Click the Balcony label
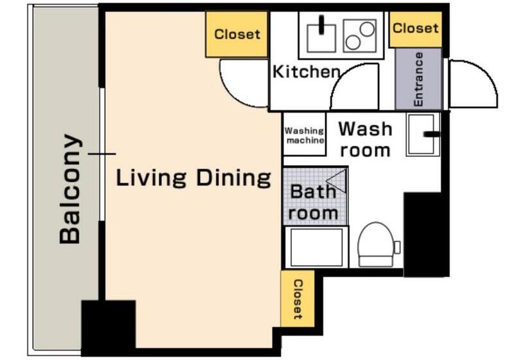pyautogui.click(x=70, y=188)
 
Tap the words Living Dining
pyautogui.click(x=193, y=178)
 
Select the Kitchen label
pyautogui.click(x=306, y=71)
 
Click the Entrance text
pyautogui.click(x=418, y=79)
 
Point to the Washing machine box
pyautogui.click(x=305, y=134)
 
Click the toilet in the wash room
pyautogui.click(x=377, y=244)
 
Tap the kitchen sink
pyautogui.click(x=321, y=35)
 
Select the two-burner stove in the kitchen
pyautogui.click(x=360, y=35)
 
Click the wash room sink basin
pyautogui.click(x=423, y=134)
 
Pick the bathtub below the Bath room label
pyautogui.click(x=316, y=248)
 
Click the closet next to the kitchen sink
pyautogui.click(x=237, y=34)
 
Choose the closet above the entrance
pyautogui.click(x=415, y=29)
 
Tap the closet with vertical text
pyautogui.click(x=298, y=299)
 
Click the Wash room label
pyautogui.click(x=365, y=139)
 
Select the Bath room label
pyautogui.click(x=313, y=203)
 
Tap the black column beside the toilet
pyautogui.click(x=426, y=235)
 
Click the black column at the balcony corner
pyautogui.click(x=109, y=328)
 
